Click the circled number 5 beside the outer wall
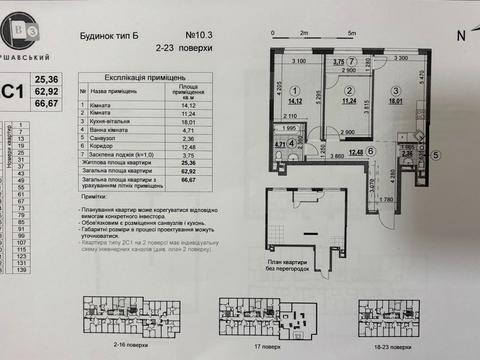pyautogui.click(x=436, y=155)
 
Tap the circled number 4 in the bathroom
pyautogui.click(x=292, y=143)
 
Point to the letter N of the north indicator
pyautogui.click(x=460, y=33)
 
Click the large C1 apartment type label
pyautogui.click(x=14, y=93)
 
